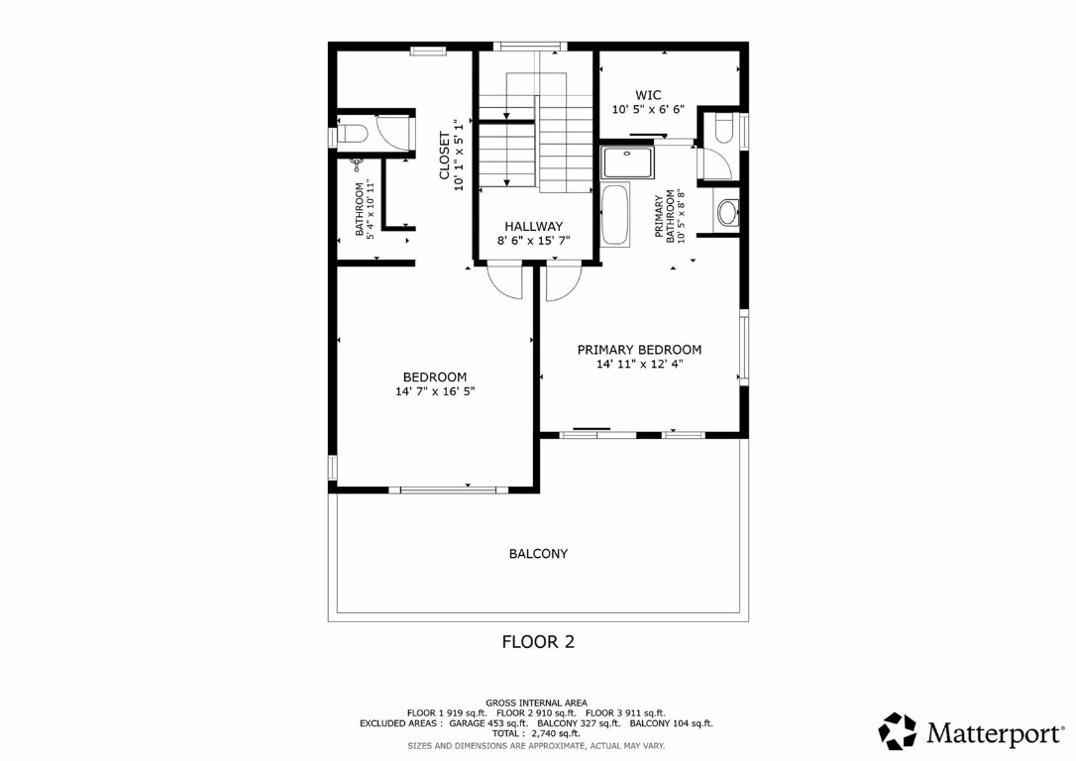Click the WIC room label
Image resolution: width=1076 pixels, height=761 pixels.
tap(648, 95)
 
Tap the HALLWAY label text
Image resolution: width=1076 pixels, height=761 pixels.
tap(533, 226)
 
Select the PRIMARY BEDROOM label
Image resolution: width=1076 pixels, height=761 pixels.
tap(639, 350)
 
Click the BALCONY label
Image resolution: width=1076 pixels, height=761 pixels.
tap(538, 554)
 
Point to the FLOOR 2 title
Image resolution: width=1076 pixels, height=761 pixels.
tap(538, 641)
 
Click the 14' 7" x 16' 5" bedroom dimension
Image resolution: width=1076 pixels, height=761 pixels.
tap(434, 391)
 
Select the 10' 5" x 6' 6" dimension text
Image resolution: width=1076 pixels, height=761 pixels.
tap(648, 110)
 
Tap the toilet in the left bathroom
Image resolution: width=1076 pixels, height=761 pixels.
tap(352, 133)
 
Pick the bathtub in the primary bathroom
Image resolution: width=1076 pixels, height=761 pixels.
tap(614, 214)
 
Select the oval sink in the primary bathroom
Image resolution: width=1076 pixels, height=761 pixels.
tap(728, 212)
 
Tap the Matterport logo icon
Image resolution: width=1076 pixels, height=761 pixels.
tap(898, 731)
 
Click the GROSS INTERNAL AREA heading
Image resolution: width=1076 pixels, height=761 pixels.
tap(537, 702)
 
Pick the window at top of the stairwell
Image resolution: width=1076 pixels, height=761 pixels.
tap(529, 46)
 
